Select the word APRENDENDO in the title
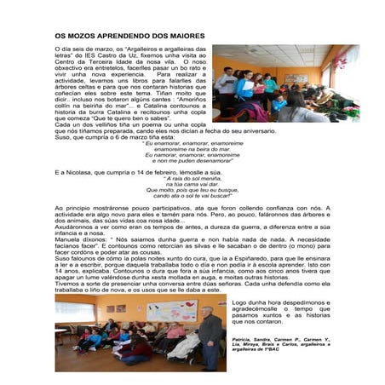pos(129,37)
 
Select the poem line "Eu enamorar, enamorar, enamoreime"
pos(192,143)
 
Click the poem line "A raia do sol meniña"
pos(192,178)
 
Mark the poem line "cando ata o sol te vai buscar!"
pos(192,195)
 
